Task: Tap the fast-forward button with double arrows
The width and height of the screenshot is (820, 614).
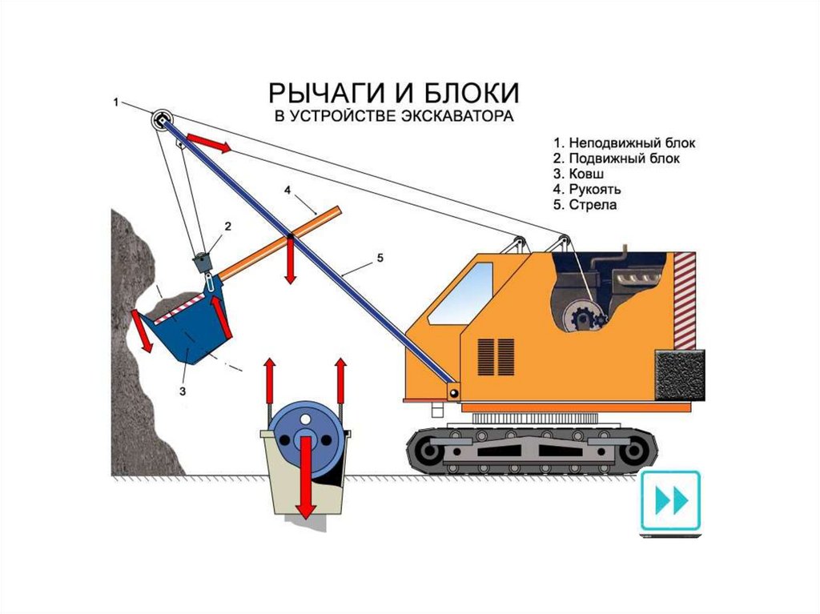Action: point(670,502)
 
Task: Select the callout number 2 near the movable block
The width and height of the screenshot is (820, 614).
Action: point(227,227)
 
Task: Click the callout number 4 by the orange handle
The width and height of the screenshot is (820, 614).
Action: point(287,191)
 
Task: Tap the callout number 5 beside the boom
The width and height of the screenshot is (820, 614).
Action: point(380,258)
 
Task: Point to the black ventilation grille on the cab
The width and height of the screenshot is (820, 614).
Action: point(496,355)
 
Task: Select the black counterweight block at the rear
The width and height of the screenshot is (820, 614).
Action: point(681,376)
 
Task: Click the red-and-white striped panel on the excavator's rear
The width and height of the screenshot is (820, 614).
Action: point(685,300)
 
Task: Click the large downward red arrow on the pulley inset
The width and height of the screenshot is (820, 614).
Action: point(305,480)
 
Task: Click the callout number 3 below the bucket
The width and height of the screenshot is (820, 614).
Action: point(183,391)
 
